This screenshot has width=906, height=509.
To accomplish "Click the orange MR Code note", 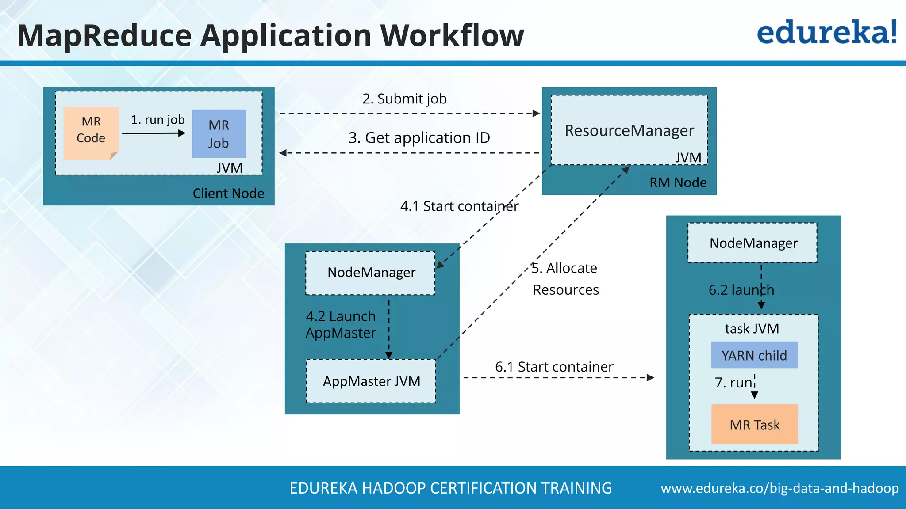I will (91, 133).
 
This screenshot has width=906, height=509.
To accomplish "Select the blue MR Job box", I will (219, 133).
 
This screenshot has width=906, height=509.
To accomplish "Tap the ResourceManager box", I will (629, 130).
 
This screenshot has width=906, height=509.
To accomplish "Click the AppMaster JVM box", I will (371, 381).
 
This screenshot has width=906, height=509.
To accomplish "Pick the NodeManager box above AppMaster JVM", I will (371, 273).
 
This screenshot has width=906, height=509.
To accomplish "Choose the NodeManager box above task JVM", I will (752, 243).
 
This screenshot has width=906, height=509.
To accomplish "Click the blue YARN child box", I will (754, 355).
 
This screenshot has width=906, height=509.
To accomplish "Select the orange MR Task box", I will (754, 425).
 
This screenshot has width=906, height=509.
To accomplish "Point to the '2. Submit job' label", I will (404, 99).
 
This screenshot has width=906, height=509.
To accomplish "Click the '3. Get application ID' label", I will (419, 138).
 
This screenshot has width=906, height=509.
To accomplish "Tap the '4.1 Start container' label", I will (459, 206).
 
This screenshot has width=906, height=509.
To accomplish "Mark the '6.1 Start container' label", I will (554, 367).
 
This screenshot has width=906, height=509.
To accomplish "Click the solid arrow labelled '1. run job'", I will (154, 133).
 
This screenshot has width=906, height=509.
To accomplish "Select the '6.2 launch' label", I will (741, 290).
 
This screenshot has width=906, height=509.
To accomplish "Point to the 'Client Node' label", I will (228, 193).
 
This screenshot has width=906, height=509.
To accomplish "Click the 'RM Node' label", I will (678, 182).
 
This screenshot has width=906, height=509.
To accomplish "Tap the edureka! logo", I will (827, 33).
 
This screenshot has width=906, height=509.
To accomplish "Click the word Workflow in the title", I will (452, 35).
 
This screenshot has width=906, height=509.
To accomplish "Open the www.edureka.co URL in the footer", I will (779, 488).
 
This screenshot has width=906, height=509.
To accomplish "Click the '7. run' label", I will (734, 382).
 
